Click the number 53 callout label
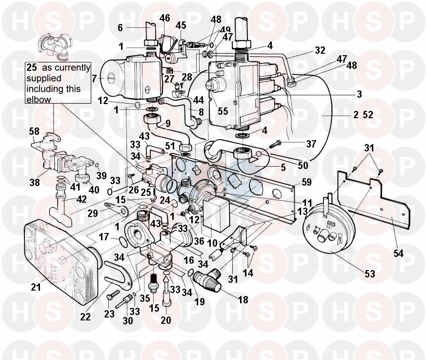pos(370,275)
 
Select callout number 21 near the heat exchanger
pos(35,287)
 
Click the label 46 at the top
pos(164,18)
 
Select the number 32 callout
pos(320,50)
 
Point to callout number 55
pos(223,111)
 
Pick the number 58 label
pos(34,132)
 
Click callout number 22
pos(86,317)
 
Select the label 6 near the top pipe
pos(120,28)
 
